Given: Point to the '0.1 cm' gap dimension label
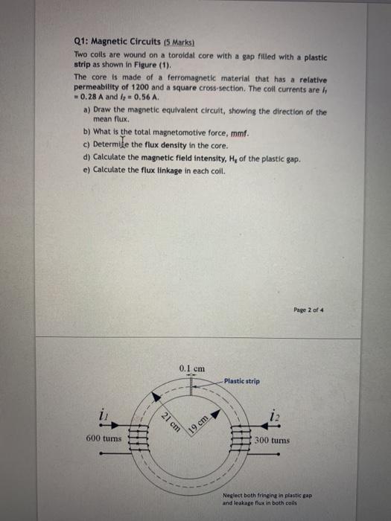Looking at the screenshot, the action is [x=192, y=368].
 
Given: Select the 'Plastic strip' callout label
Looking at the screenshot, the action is [x=243, y=381].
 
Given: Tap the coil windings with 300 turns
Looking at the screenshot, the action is [x=244, y=439].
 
